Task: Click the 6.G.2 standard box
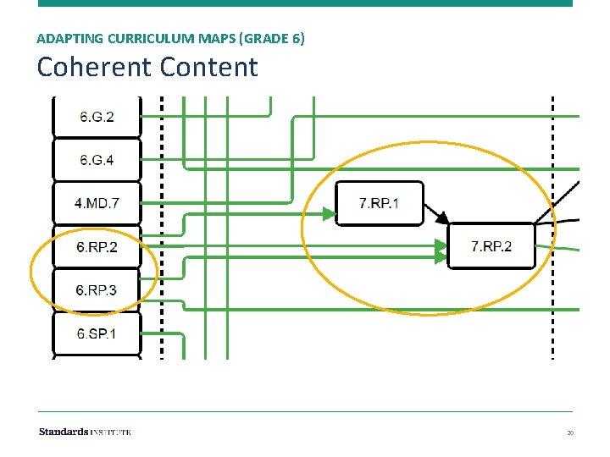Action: [97, 117]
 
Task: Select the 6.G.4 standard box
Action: [97, 159]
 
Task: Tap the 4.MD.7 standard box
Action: [97, 203]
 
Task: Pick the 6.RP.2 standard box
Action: [97, 247]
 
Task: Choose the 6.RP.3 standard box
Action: [97, 290]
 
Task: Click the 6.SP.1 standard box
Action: [97, 333]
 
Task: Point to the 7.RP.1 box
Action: [379, 203]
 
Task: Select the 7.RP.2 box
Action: [491, 246]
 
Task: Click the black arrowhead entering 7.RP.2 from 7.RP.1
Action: [441, 218]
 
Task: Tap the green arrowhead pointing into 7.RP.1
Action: [328, 214]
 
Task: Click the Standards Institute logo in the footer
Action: [85, 432]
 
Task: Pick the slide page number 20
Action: [570, 433]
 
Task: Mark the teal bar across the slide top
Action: [305, 3]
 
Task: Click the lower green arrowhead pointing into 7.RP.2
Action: [441, 256]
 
